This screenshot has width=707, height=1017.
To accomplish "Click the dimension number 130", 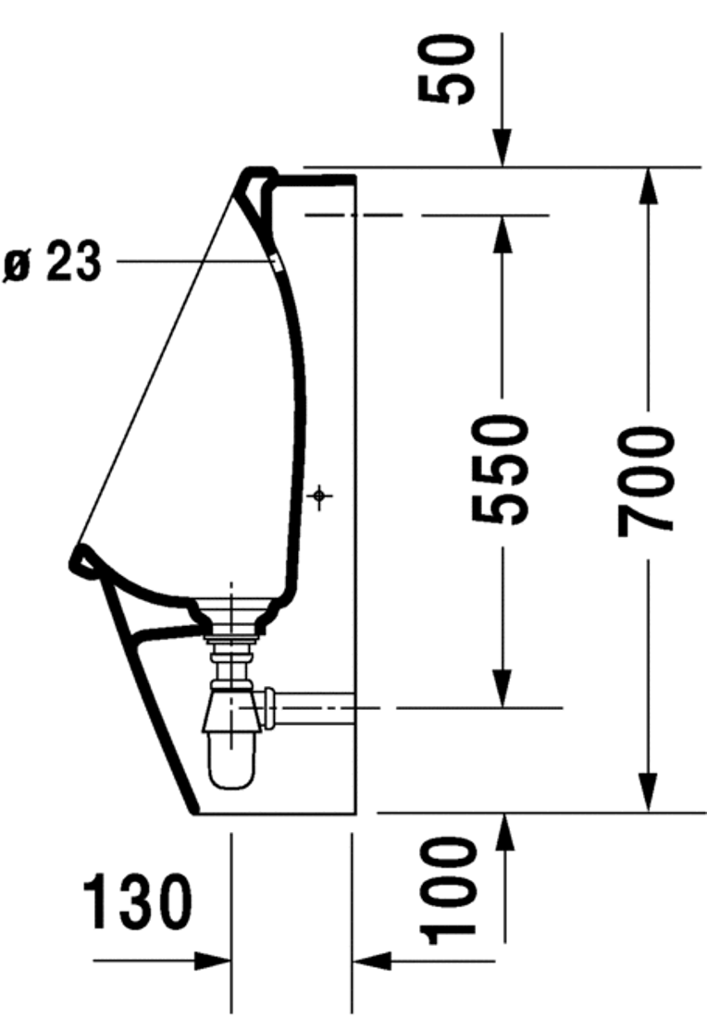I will pos(138,902).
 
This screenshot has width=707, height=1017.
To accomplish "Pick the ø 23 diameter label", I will pos(52,263).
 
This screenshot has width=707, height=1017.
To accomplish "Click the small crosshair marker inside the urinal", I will pos(320,496).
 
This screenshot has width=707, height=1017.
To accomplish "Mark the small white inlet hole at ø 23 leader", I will pos(275,263).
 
